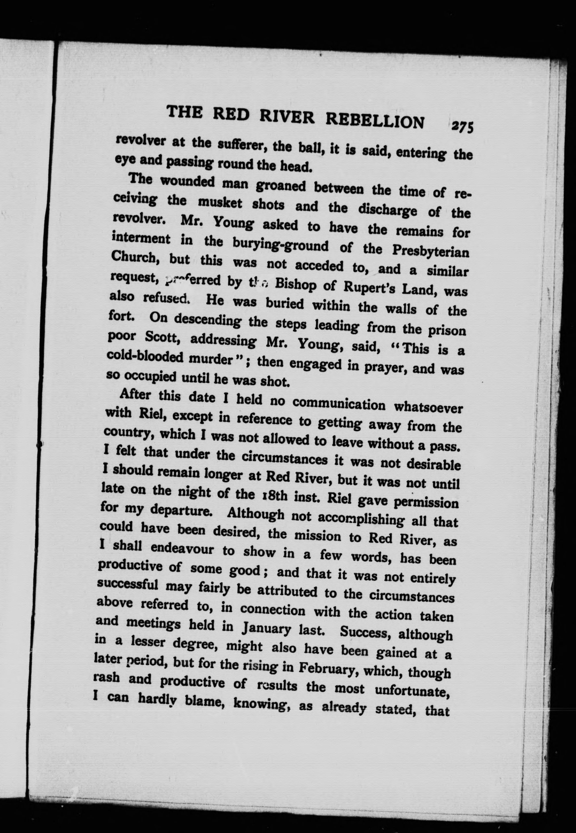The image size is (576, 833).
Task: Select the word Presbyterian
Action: [x=431, y=251]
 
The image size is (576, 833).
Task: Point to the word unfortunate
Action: [x=414, y=691]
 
